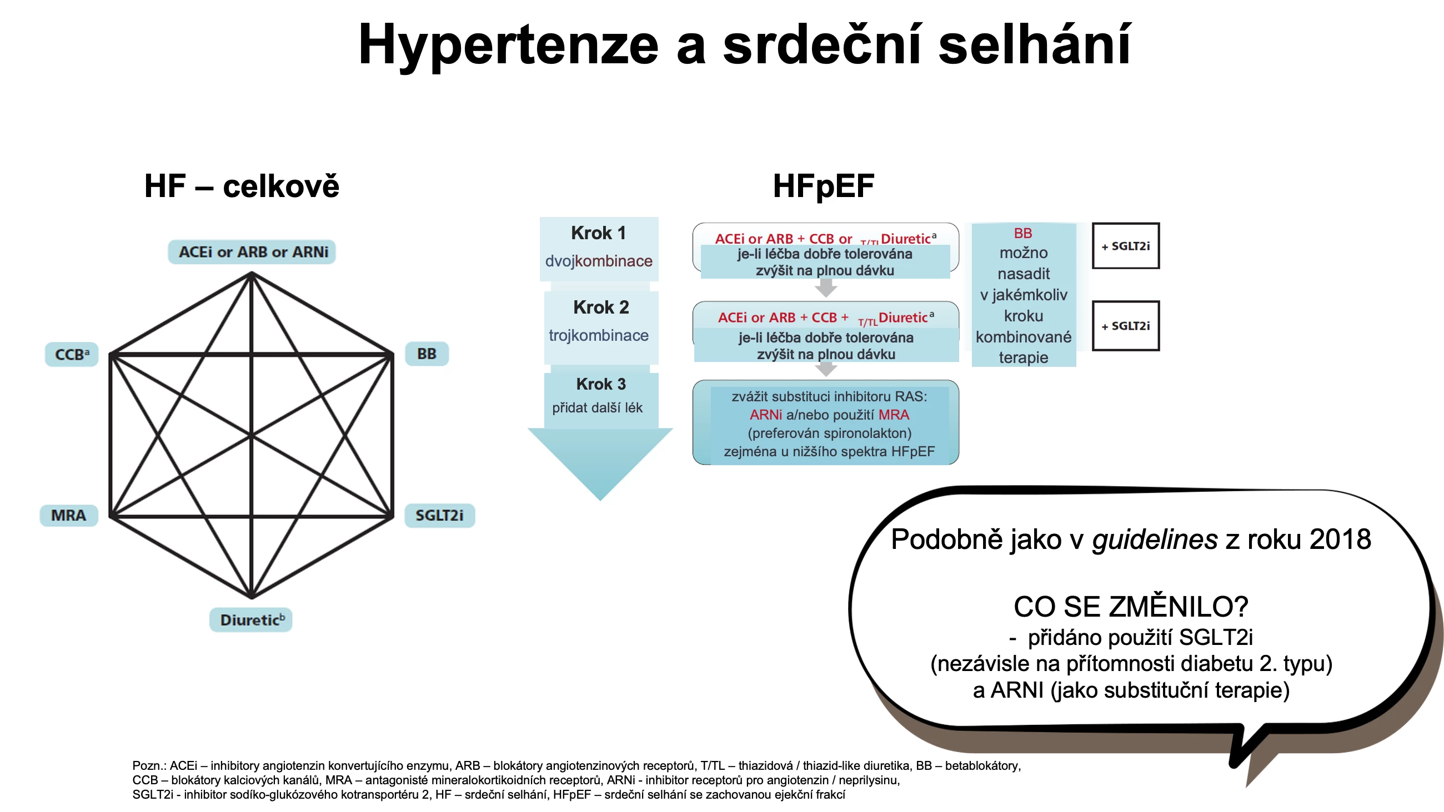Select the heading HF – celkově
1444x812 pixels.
pyautogui.click(x=242, y=186)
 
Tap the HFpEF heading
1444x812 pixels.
pyautogui.click(x=824, y=186)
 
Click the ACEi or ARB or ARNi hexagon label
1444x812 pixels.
pyautogui.click(x=252, y=251)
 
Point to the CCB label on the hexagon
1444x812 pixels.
pyautogui.click(x=72, y=354)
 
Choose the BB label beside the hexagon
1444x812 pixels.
pyautogui.click(x=427, y=354)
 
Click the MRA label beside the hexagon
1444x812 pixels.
pyautogui.click(x=68, y=515)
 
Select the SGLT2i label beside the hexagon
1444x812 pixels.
pyautogui.click(x=439, y=515)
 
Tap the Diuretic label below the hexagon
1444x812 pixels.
pyautogui.click(x=251, y=620)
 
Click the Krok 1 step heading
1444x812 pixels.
pyautogui.click(x=598, y=233)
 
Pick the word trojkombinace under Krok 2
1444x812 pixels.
pyautogui.click(x=599, y=335)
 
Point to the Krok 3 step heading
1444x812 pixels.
pyautogui.click(x=600, y=384)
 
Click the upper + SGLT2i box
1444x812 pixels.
pyautogui.click(x=1126, y=246)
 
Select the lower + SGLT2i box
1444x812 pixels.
pyautogui.click(x=1126, y=326)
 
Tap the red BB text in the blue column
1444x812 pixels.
pyautogui.click(x=1023, y=233)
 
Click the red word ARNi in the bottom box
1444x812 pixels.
pyautogui.click(x=766, y=415)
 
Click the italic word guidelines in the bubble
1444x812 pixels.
pyautogui.click(x=1155, y=539)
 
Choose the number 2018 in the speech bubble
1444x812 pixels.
pyautogui.click(x=1340, y=539)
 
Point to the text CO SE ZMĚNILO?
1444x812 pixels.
pyautogui.click(x=1131, y=606)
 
